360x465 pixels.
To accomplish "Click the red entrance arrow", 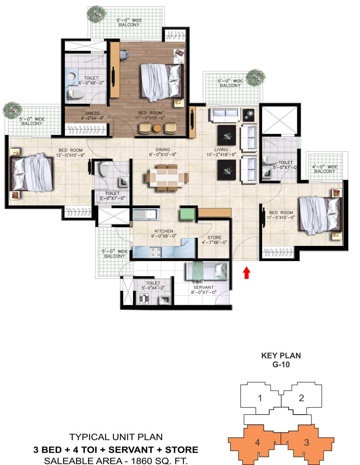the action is (246, 272).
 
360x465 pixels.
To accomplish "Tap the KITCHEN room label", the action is (163, 231).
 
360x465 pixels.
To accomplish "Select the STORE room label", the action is (214, 238).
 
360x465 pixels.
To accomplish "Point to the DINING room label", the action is (163, 150).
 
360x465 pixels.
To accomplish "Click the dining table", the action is (167, 178).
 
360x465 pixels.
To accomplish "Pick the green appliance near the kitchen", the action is (187, 214).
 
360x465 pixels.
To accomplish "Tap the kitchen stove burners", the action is (156, 252).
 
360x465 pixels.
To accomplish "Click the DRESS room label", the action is (92, 113).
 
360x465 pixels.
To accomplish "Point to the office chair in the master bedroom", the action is (124, 54).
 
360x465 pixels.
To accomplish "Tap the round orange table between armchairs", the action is (157, 128).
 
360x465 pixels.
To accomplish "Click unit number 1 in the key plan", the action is (260, 398).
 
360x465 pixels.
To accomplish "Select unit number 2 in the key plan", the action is (301, 398).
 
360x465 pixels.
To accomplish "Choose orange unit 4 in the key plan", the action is (257, 442).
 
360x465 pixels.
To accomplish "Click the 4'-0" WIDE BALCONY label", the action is (325, 169).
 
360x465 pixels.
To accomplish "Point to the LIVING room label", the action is (221, 150).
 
